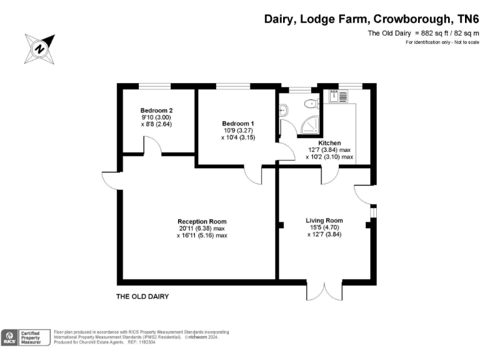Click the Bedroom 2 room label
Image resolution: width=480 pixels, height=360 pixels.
tap(156, 110)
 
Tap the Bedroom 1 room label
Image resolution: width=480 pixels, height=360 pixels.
tap(238, 124)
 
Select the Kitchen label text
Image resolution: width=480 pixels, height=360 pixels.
tap(329, 143)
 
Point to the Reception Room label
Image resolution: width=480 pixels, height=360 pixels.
tap(202, 221)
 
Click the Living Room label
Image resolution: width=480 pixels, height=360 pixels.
tap(324, 221)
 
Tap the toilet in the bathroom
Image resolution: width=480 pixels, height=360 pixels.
tap(312, 104)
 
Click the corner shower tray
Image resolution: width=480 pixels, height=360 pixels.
tap(310, 126)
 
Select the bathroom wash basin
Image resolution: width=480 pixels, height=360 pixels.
tap(283, 110)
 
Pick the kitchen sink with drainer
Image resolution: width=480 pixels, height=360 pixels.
tap(338, 96)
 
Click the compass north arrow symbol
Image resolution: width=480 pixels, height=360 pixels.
tap(40, 49)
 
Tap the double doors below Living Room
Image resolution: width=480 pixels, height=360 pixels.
tap(324, 291)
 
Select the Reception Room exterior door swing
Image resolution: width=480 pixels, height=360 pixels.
tap(110, 181)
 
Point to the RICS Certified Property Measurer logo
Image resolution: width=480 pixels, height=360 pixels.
tap(26, 337)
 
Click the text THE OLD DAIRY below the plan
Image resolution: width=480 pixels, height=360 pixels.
tap(142, 296)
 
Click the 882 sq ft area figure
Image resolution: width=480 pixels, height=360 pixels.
tap(432, 33)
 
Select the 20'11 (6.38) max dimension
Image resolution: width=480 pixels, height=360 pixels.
tap(202, 228)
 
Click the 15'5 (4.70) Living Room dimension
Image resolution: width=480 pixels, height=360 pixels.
tap(324, 227)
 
